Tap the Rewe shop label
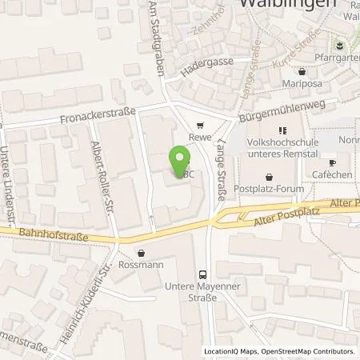[x=199, y=136]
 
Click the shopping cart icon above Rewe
[x=199, y=125]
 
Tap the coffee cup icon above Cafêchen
[x=333, y=162]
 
